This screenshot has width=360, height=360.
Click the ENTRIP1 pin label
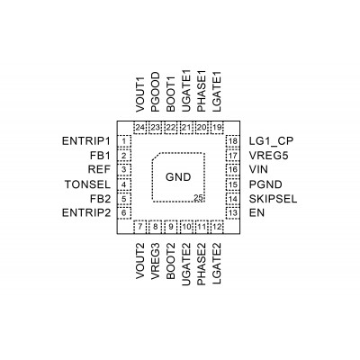pos(86,141)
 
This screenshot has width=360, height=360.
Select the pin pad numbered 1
pos(124,141)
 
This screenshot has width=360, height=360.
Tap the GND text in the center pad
pos(178,177)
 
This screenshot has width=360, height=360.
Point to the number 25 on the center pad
pos(198,198)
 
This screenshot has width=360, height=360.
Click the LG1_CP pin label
pos(271,141)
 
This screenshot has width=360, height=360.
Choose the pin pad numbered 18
pos(233,141)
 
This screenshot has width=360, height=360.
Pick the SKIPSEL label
pos(273,199)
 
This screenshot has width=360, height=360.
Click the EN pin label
pos(256,213)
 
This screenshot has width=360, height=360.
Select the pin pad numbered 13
pos(233,213)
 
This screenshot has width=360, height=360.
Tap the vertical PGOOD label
pos(156,92)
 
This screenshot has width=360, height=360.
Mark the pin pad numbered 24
pos(139,128)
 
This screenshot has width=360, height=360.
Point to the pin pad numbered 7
pos(139,227)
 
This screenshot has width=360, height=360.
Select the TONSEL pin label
pos(87,184)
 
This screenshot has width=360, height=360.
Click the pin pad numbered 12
pos(217,227)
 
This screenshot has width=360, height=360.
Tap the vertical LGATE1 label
pos(217,92)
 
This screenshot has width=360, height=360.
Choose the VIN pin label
pos(258,169)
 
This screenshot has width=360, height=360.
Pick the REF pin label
pos(99,169)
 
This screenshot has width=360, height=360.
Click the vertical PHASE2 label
pos(201,264)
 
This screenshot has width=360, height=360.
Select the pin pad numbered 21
pos(186,128)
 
